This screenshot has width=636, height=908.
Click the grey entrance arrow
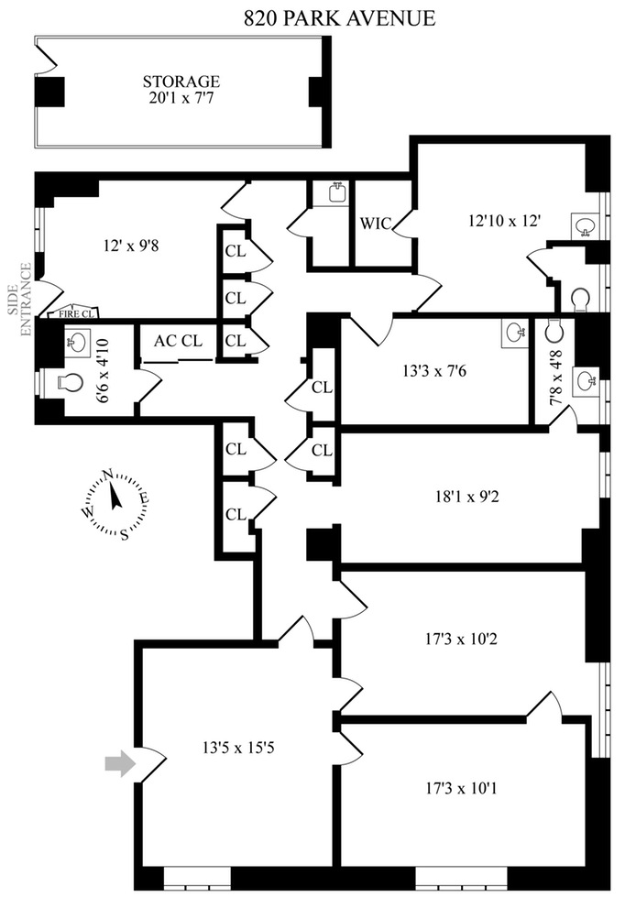tap(120, 764)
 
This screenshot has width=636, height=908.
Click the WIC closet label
tap(376, 223)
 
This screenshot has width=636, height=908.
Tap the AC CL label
tap(178, 340)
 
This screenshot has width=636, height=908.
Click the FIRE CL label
tap(77, 312)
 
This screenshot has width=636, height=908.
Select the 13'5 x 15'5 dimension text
tap(235, 745)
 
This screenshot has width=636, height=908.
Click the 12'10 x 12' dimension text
tap(505, 220)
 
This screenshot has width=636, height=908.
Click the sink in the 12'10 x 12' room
tap(585, 225)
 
